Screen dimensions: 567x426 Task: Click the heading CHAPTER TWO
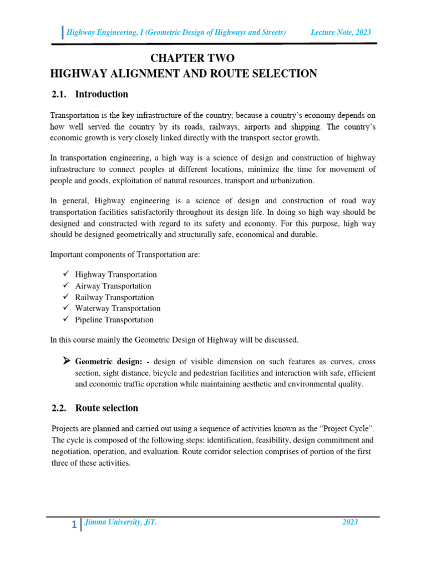[192, 58]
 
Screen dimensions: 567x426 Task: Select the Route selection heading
[106, 408]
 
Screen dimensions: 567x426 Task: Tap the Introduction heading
[102, 94]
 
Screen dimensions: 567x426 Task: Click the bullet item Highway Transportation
[116, 275]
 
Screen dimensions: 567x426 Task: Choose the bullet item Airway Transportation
[113, 286]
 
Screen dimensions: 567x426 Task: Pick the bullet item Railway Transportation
[114, 297]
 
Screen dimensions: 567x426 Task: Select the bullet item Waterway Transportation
[118, 308]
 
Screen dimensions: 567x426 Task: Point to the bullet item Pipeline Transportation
[114, 320]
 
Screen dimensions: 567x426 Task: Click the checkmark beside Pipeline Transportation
[65, 319]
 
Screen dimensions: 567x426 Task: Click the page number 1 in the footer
[74, 525]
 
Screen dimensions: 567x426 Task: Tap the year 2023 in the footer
[349, 522]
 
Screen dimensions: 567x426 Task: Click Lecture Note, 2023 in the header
[341, 33]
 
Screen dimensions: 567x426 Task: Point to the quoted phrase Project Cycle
[344, 429]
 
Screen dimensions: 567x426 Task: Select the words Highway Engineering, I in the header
[104, 33]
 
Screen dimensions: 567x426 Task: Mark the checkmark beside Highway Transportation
[65, 274]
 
